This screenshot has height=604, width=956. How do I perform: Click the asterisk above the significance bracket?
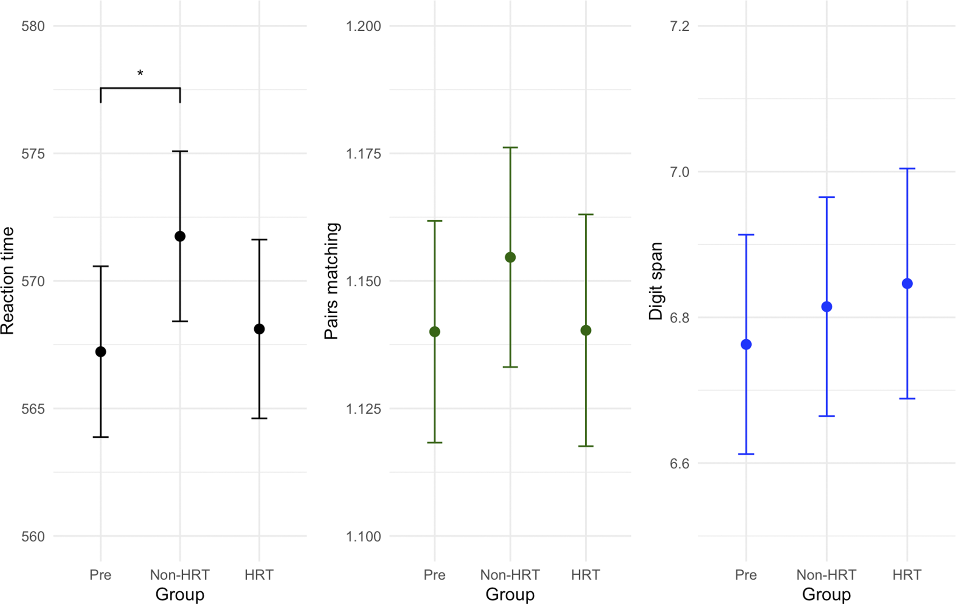[x=140, y=74]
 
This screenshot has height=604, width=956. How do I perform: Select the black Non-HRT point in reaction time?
[x=180, y=236]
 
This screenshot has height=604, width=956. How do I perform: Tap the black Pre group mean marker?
[x=101, y=351]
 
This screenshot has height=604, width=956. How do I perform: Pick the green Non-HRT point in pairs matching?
[x=510, y=257]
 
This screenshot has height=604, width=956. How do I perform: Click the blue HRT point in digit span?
[x=907, y=283]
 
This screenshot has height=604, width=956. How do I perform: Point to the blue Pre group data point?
[x=746, y=344]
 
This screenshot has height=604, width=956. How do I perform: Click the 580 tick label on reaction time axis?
[x=33, y=26]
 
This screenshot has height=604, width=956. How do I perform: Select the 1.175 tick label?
[x=363, y=153]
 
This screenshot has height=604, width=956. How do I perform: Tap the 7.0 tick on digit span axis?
[x=679, y=172]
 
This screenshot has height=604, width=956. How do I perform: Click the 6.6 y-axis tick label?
[x=679, y=464]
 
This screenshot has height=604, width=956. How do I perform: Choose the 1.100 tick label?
[x=363, y=536]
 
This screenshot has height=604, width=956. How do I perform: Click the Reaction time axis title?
[x=8, y=281]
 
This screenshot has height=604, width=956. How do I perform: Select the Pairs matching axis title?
[x=331, y=281]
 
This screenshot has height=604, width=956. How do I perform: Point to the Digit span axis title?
[x=656, y=281]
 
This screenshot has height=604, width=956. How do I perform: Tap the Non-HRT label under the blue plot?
[x=826, y=575]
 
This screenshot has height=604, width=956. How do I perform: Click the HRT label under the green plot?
[x=585, y=575]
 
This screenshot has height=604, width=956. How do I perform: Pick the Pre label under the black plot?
[x=100, y=575]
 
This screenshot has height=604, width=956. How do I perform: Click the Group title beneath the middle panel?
[x=510, y=594]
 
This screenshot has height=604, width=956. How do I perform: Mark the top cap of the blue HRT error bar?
[x=907, y=168]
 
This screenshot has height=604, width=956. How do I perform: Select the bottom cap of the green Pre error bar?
[x=435, y=442]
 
